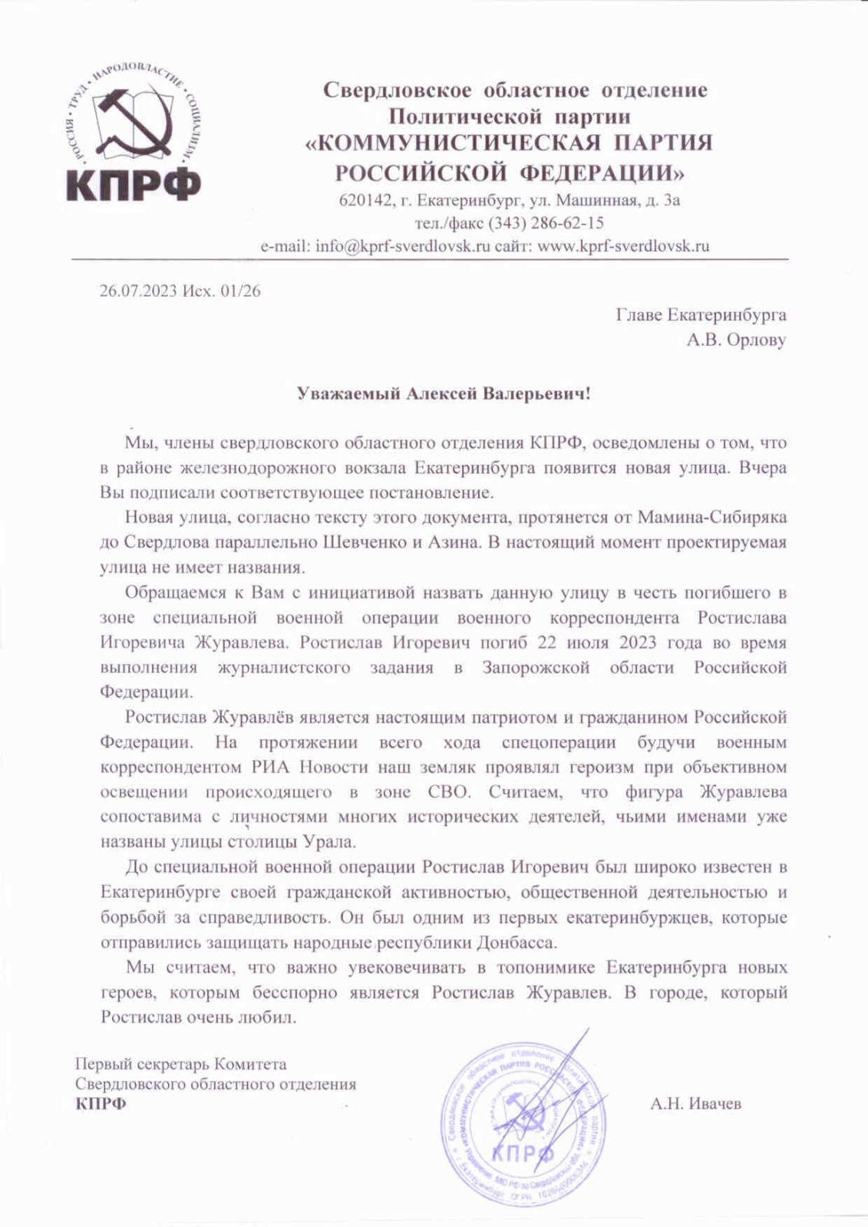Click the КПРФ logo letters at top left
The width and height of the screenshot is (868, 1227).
[x=133, y=185]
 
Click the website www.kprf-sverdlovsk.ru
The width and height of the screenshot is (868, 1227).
[x=623, y=246]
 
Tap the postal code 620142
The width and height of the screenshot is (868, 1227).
[x=364, y=201]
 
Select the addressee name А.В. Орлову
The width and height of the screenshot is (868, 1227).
[x=736, y=340]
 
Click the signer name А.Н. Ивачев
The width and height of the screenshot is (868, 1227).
[x=695, y=1104]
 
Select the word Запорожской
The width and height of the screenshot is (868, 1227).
[x=536, y=667]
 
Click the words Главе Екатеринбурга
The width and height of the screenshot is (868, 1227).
[x=701, y=314]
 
